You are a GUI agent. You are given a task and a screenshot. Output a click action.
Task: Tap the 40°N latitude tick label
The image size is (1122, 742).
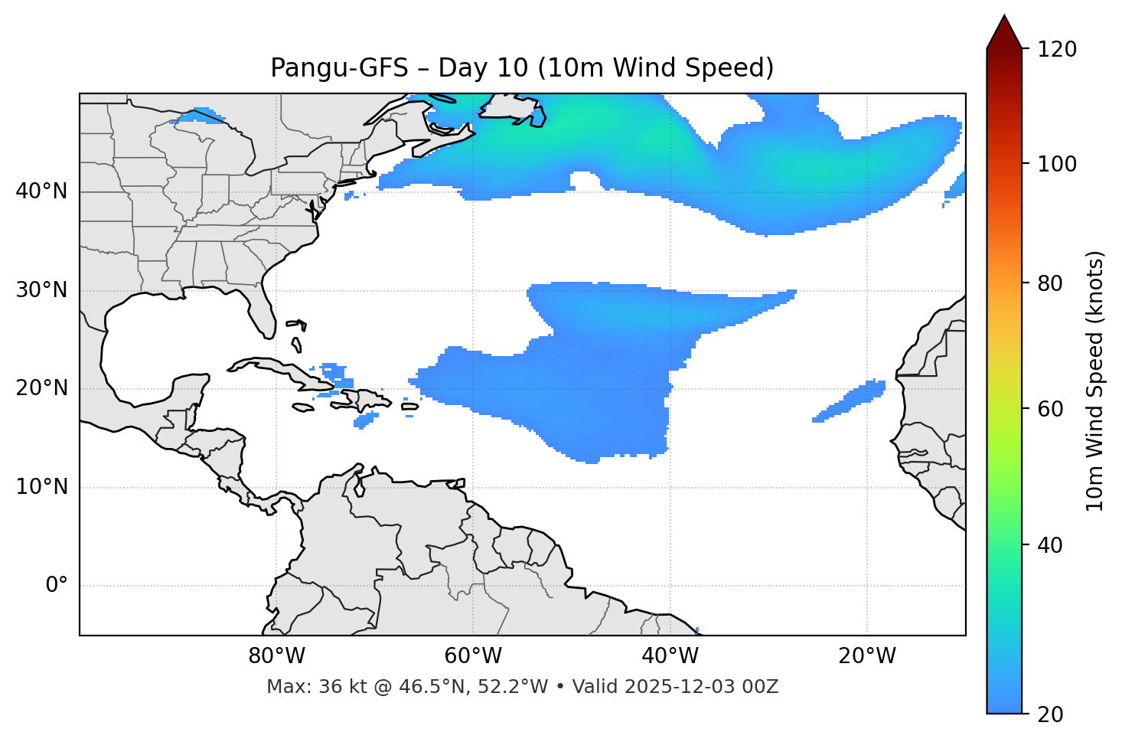[41, 191]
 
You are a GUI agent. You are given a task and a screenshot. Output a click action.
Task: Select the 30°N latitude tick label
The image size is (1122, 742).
[41, 290]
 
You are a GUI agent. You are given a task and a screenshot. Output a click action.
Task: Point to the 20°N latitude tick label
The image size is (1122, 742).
[41, 388]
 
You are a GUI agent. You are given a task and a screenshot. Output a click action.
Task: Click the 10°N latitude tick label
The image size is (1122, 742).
[41, 487]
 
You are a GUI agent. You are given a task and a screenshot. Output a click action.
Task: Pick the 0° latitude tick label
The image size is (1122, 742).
[57, 586]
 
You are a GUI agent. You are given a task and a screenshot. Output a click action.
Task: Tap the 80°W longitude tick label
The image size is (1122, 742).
[276, 656]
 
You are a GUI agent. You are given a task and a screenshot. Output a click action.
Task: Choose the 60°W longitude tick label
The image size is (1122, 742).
[473, 656]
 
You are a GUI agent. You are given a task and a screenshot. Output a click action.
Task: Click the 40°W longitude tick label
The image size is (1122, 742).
[670, 656]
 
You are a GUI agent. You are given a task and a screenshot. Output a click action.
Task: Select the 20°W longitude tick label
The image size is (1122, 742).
[867, 656]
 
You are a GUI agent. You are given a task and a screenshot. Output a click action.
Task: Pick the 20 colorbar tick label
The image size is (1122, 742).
[1050, 714]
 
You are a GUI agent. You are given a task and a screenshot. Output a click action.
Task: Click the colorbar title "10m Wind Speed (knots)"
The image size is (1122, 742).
[1095, 381]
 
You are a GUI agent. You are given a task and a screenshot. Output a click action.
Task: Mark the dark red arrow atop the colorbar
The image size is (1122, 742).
[1004, 33]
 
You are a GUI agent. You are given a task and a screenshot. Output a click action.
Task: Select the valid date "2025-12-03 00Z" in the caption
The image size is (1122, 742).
[700, 687]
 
